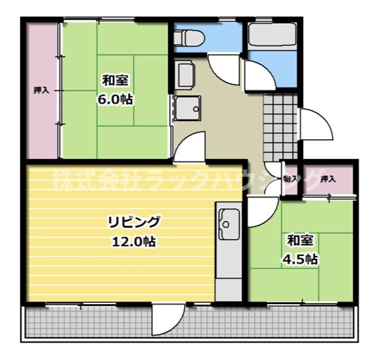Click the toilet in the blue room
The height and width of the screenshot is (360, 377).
coord(189,36)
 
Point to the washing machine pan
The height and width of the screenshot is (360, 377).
coord(187,109)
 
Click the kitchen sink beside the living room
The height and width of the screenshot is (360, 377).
coord(228,224)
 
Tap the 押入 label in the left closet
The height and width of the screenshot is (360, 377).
coord(41,90)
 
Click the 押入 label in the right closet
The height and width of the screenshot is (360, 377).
coord(328,179)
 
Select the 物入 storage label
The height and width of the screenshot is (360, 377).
coord(290,178)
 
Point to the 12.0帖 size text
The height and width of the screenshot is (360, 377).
coord(134,242)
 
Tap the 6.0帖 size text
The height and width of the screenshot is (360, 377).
coord(115,99)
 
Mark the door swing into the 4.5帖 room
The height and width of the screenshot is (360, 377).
coord(260,214)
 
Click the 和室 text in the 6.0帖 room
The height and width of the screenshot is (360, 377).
coord(115,80)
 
